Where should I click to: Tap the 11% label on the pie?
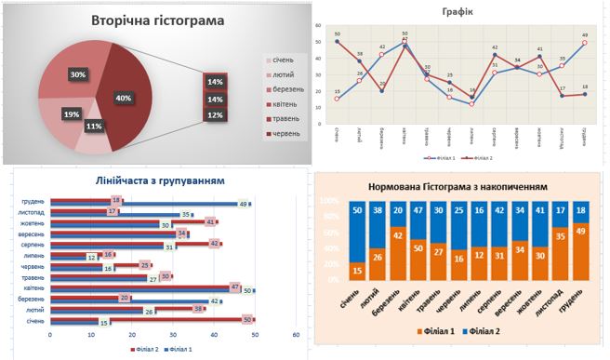(93, 126)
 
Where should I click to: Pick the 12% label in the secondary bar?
(216, 114)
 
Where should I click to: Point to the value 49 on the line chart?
(585, 35)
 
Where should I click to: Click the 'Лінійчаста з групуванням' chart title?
(159, 180)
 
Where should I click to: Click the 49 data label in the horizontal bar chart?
(244, 204)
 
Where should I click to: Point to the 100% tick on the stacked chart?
(330, 200)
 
